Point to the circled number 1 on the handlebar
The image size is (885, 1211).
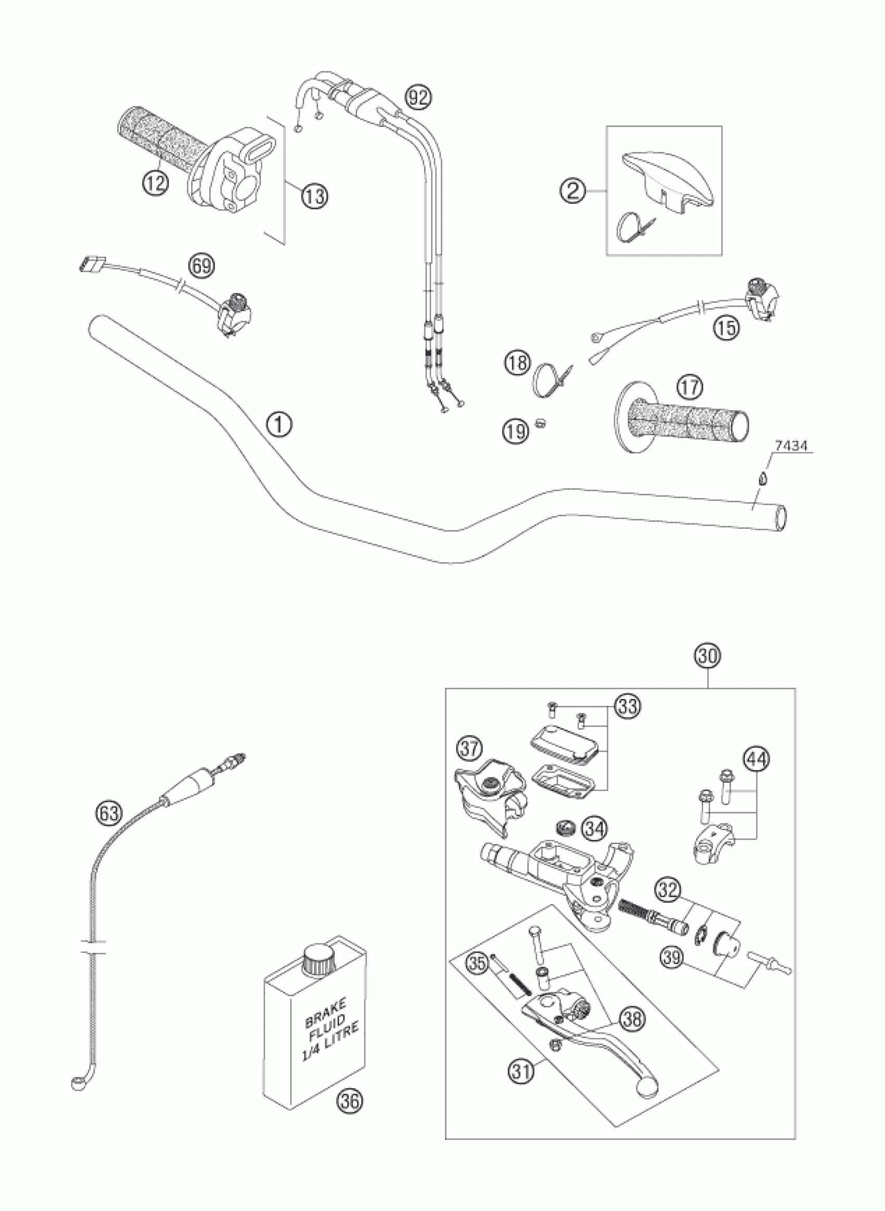(279, 425)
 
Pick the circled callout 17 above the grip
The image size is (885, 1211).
(689, 387)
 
